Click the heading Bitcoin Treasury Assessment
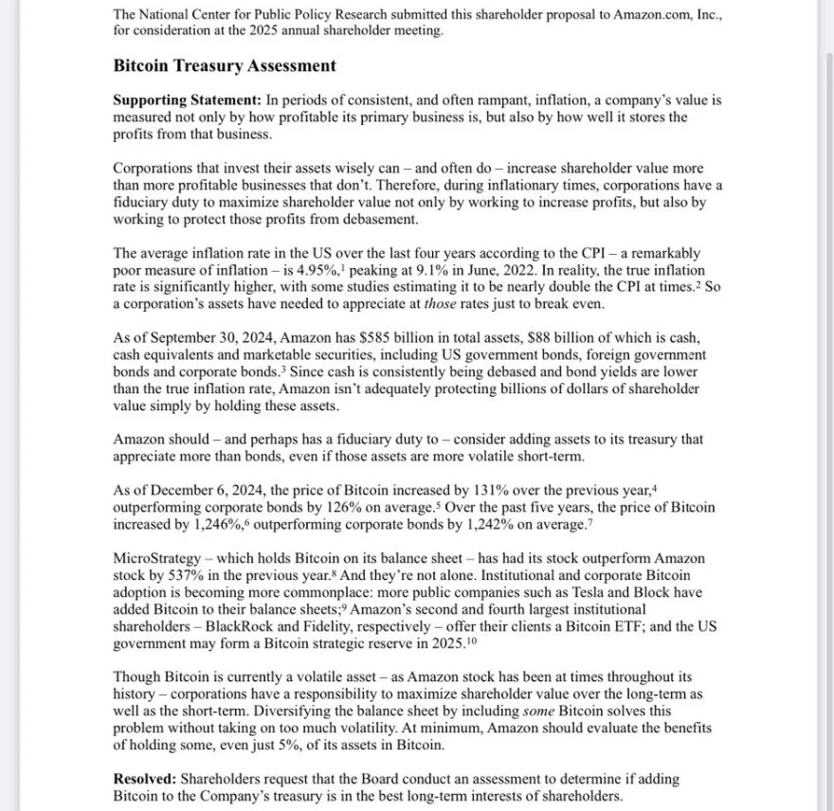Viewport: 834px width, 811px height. point(224,66)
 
